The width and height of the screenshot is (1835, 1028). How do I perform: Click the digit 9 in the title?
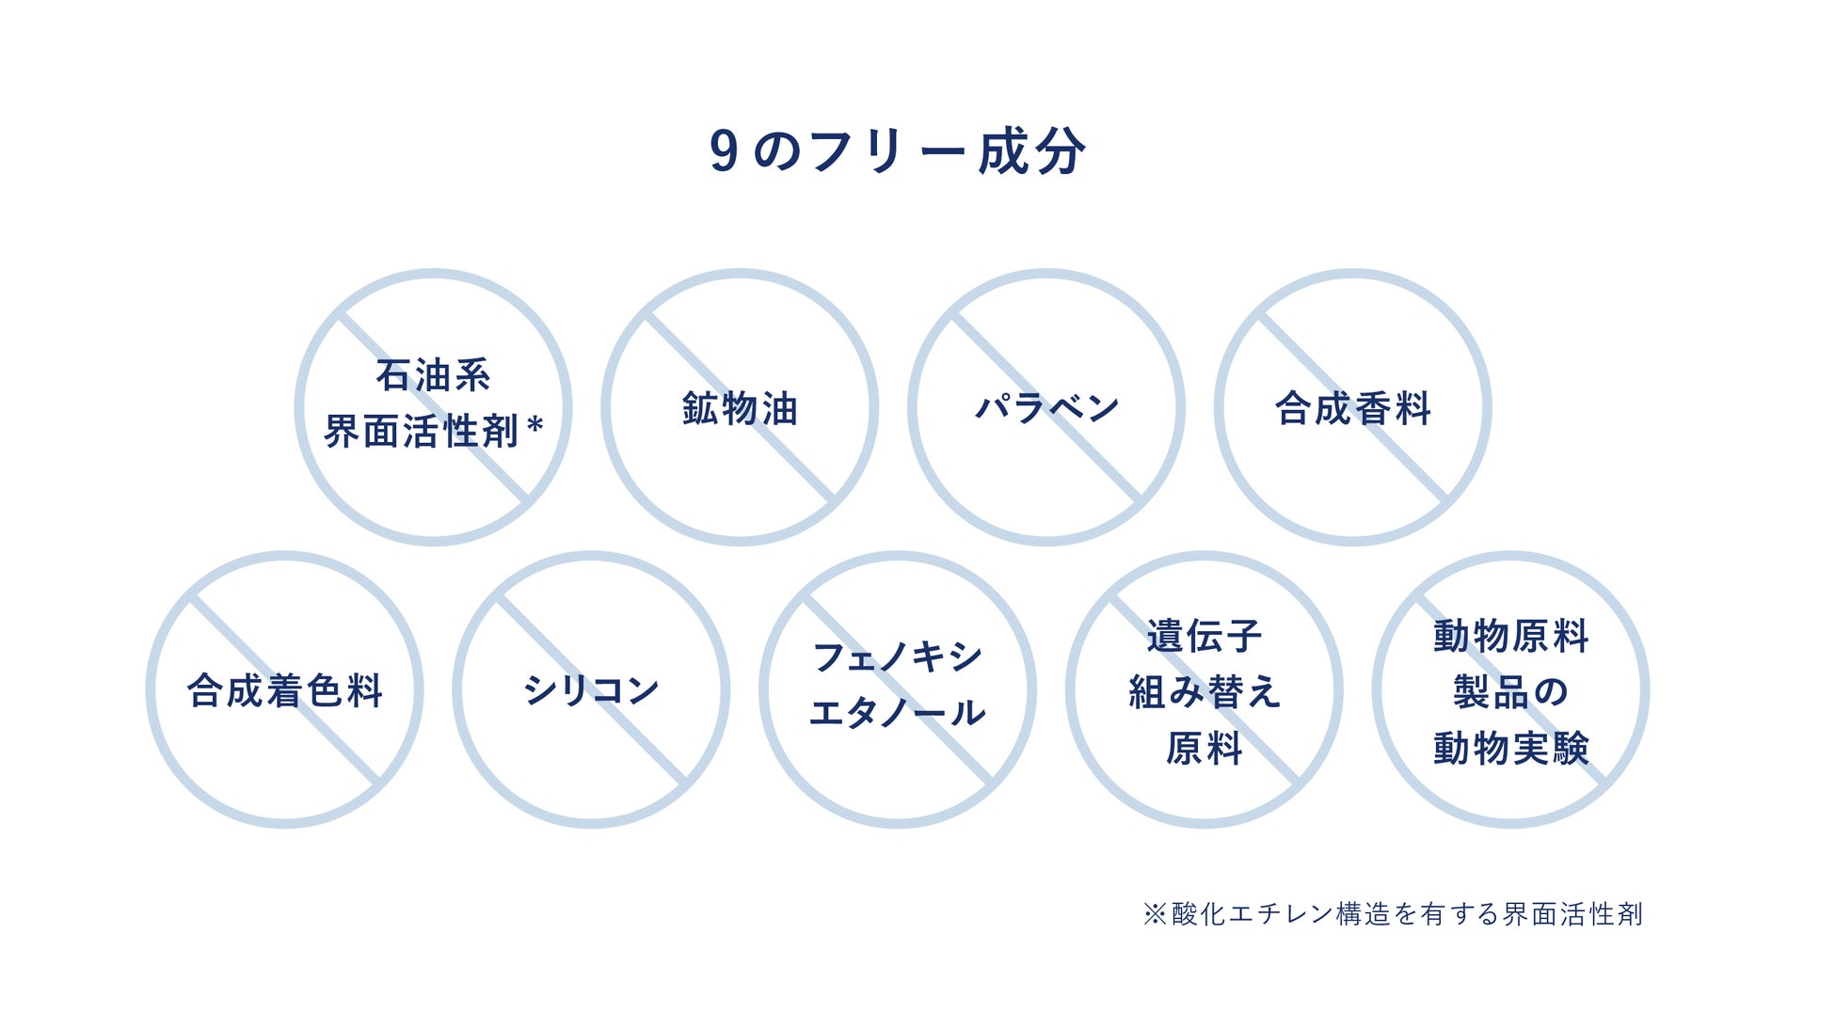(x=724, y=151)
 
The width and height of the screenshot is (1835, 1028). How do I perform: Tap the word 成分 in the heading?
(x=1032, y=151)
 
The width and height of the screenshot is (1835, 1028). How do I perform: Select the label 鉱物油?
(x=740, y=409)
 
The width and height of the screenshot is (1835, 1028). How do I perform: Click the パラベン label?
(x=1046, y=408)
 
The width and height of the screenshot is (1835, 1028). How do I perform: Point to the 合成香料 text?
(x=1352, y=409)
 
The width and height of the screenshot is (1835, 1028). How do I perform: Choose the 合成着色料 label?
(x=284, y=690)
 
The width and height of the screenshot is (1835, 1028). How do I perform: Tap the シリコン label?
(x=591, y=690)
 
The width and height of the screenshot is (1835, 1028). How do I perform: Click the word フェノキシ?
(x=897, y=656)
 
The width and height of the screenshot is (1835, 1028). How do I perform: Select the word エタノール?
(x=897, y=713)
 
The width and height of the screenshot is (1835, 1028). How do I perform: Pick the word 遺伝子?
(x=1204, y=636)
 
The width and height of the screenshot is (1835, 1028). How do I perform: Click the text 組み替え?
(x=1204, y=692)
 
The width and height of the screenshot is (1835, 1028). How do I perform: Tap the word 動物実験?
(x=1510, y=749)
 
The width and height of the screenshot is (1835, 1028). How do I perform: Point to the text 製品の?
(x=1510, y=692)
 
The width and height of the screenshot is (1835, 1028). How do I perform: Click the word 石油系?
(x=433, y=375)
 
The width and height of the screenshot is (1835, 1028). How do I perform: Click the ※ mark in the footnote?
(x=1155, y=913)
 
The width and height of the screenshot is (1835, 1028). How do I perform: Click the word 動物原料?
(x=1510, y=636)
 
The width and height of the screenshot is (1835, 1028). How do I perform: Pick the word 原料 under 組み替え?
(x=1204, y=749)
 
